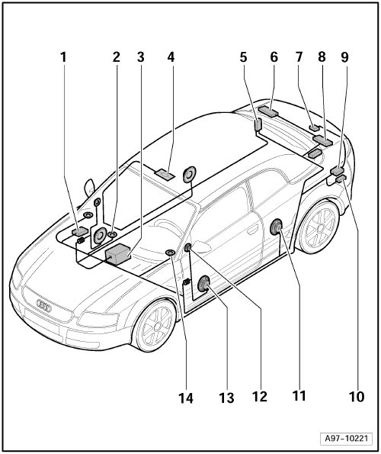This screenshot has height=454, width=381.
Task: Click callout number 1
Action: (63, 57)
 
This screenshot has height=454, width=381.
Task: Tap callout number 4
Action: (171, 57)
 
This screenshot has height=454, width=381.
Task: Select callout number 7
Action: (299, 57)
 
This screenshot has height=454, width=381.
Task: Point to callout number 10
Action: (357, 397)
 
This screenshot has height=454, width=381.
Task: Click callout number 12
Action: (260, 397)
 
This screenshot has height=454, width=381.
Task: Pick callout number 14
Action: (186, 399)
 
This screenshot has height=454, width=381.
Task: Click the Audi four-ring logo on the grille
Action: (44, 305)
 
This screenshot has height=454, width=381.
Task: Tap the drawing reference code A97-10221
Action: (346, 438)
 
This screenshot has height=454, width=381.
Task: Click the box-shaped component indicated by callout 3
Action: (117, 253)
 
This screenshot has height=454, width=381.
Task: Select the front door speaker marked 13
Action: (203, 284)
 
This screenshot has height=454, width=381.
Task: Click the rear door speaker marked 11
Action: (276, 227)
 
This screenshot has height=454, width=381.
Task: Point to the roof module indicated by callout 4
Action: (165, 174)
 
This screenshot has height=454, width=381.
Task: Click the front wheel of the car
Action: (155, 325)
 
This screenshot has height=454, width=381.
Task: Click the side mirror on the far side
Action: (89, 188)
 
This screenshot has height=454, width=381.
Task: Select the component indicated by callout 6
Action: (269, 111)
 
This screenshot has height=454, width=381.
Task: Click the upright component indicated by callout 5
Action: (258, 124)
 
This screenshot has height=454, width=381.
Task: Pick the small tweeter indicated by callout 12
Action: (188, 247)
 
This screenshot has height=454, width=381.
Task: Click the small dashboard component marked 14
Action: (170, 253)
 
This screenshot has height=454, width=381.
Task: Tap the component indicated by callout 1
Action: (80, 231)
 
